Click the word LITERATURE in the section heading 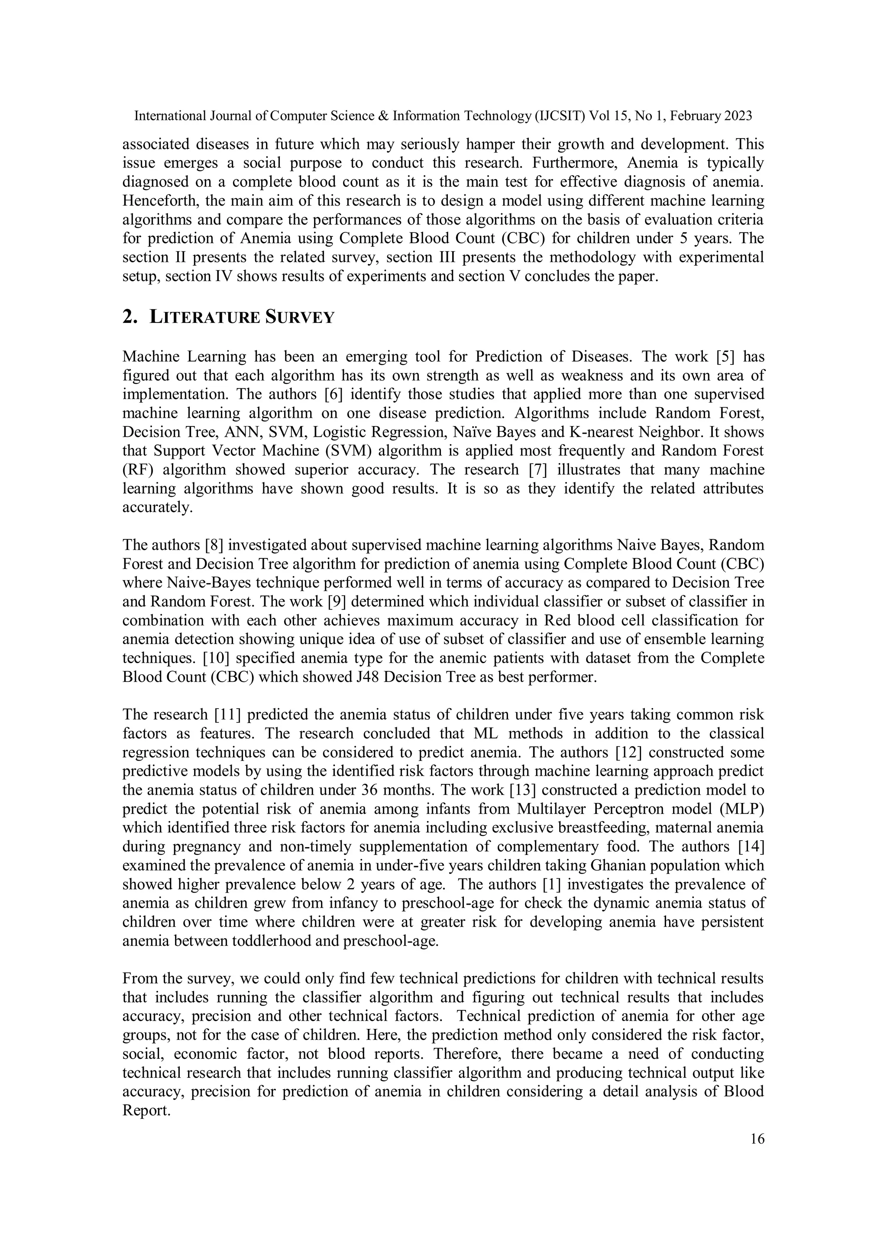coord(204,317)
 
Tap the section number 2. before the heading coord(129,317)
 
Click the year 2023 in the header coord(737,116)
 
